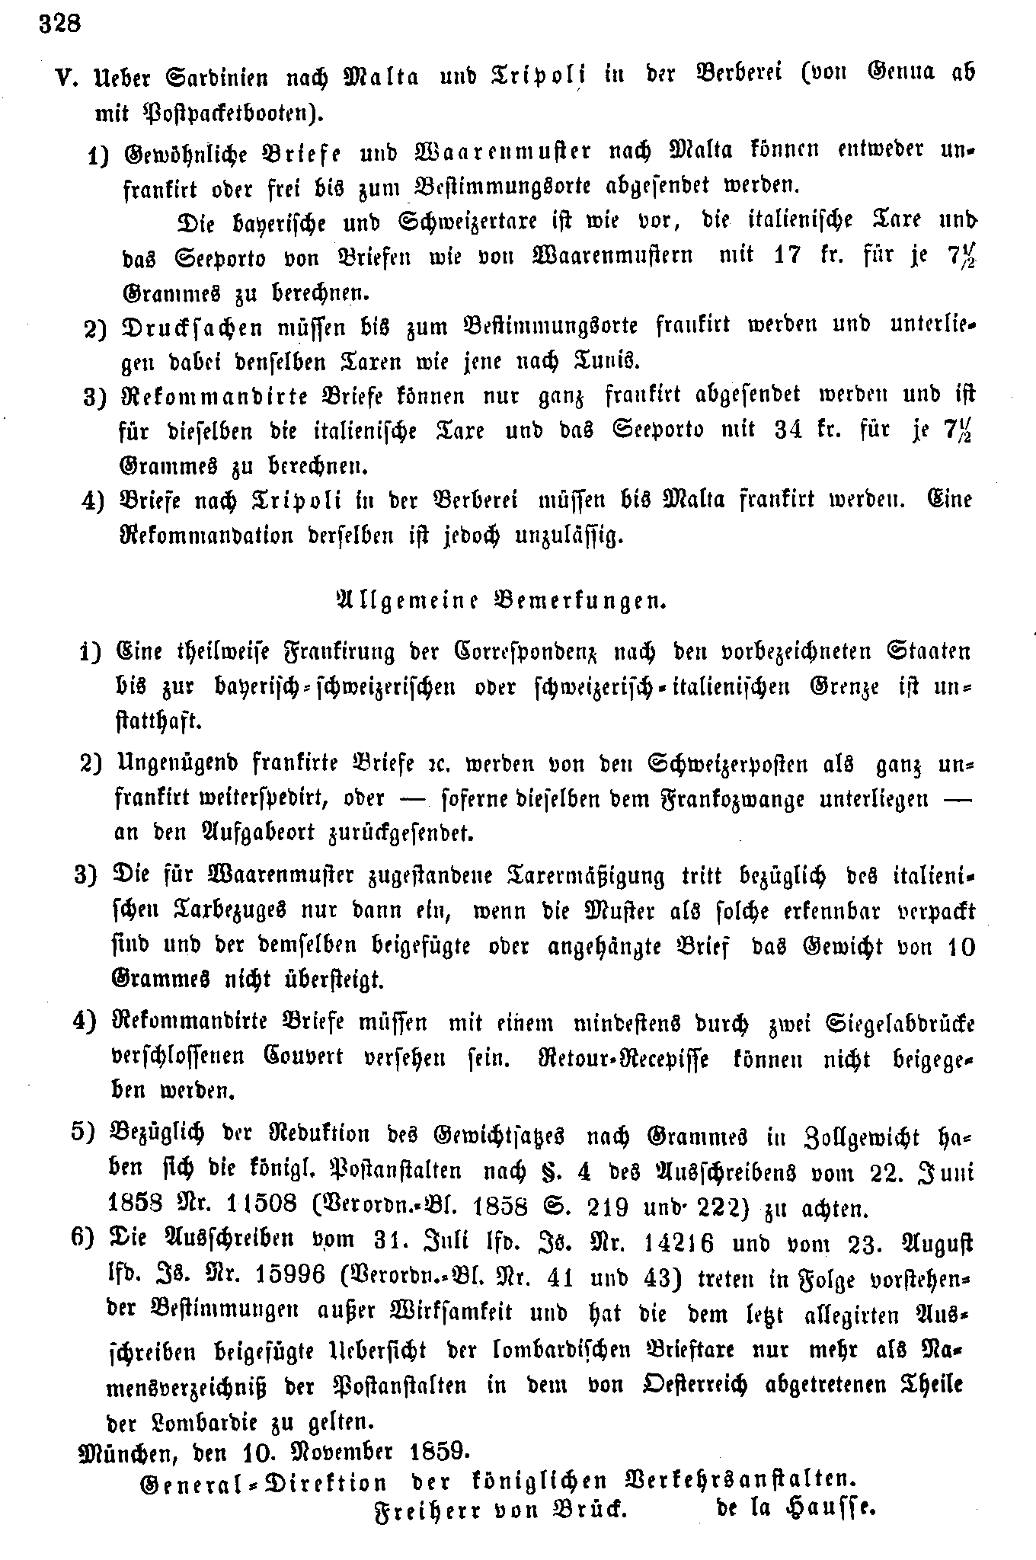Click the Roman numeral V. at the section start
pyautogui.click(x=68, y=79)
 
